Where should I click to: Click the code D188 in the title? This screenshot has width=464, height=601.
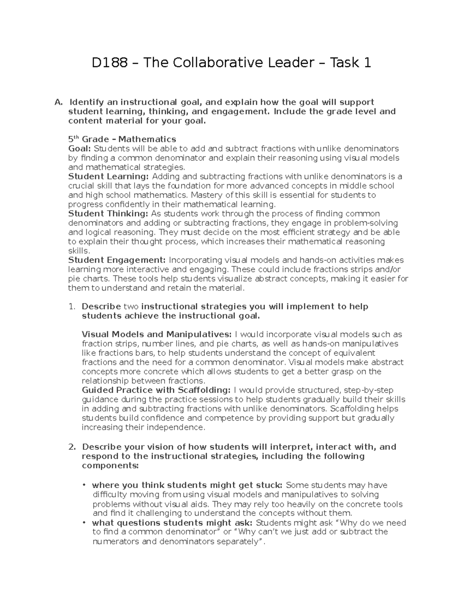[x=109, y=62]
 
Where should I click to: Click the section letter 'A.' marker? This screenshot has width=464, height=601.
[x=58, y=102]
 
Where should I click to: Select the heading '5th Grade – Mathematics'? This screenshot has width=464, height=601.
[x=122, y=139]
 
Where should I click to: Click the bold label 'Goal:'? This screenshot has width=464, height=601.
[x=80, y=149]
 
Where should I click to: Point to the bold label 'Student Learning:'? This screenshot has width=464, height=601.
[x=108, y=176]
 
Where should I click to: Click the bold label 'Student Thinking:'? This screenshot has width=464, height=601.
[x=108, y=214]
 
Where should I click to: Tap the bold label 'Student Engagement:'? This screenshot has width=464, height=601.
[x=117, y=260]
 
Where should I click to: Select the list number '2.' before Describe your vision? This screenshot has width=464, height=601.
[x=72, y=447]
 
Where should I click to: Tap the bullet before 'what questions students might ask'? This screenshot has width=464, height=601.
[x=84, y=523]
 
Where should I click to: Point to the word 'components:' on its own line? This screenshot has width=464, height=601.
[x=110, y=466]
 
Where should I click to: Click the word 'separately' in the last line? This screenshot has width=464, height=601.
[x=236, y=541]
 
